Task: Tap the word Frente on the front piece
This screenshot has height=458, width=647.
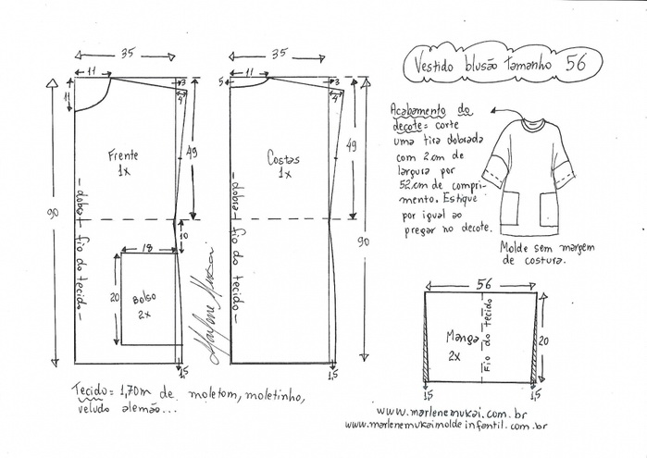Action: [122, 155]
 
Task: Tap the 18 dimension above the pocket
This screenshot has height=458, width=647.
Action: [148, 247]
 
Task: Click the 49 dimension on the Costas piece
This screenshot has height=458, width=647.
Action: [350, 146]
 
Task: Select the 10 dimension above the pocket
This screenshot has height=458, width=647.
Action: [183, 236]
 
